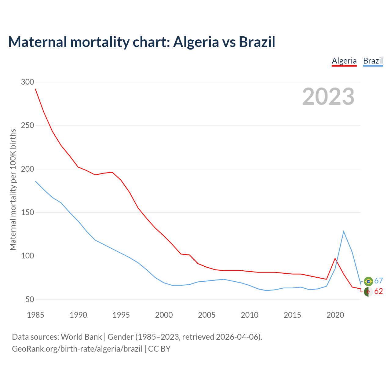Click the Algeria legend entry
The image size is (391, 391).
(x=344, y=61)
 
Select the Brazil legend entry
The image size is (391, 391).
(x=373, y=61)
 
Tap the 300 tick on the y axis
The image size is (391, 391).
(x=27, y=82)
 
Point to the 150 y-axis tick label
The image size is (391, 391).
(x=27, y=212)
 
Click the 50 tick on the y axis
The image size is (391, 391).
(x=30, y=299)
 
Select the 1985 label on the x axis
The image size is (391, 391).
(x=35, y=315)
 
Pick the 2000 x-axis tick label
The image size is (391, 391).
(x=164, y=315)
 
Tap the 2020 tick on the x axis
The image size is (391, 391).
(x=335, y=315)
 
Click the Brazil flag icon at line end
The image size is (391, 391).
(x=368, y=281)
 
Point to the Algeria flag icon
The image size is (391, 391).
(x=368, y=292)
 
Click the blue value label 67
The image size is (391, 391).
(x=378, y=281)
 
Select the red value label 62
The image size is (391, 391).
(x=378, y=291)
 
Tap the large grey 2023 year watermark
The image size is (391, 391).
(x=328, y=97)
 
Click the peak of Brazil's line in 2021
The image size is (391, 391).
(x=344, y=231)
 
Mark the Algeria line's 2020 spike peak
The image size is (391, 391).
(x=335, y=258)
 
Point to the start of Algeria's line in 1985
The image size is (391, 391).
(x=35, y=89)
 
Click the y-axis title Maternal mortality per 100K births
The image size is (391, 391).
(x=13, y=189)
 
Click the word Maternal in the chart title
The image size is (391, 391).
(x=37, y=42)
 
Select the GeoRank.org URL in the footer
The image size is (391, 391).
(x=77, y=349)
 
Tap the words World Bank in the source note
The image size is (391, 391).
(x=81, y=337)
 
